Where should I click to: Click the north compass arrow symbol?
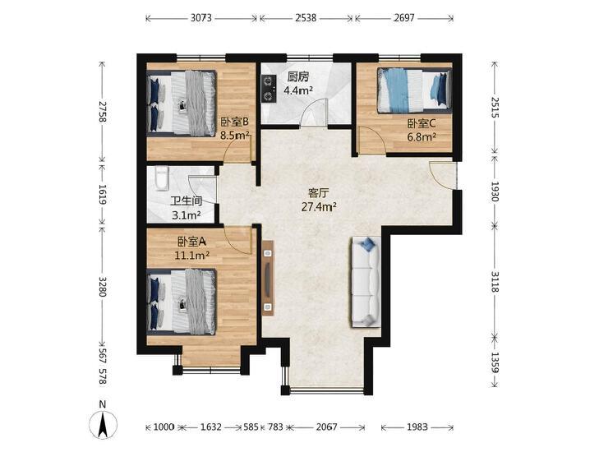coord(103,424)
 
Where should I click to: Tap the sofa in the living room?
coord(366,282)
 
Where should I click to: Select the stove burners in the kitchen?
coord(269,89)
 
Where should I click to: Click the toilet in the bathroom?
coord(162,178)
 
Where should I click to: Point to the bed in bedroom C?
coord(414,90)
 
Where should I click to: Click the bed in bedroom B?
coord(182,104)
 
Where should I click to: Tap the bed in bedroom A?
coord(182,302)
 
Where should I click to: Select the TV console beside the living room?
coord(268,278)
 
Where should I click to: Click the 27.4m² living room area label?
coord(319,207)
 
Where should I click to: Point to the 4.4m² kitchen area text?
coord(298,90)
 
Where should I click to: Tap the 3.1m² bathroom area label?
coord(186,215)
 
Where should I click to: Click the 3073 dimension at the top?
coord(201,18)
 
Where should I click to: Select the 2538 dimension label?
coord(306,18)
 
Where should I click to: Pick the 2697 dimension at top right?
coord(404,18)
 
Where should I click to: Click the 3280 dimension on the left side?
coord(103,286)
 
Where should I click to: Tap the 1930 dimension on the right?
coord(495,191)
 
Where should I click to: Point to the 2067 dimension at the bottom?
coord(327,427)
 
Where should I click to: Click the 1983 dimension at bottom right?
coord(417,427)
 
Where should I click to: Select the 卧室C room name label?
coord(422,124)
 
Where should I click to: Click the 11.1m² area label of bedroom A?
coord(191,256)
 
